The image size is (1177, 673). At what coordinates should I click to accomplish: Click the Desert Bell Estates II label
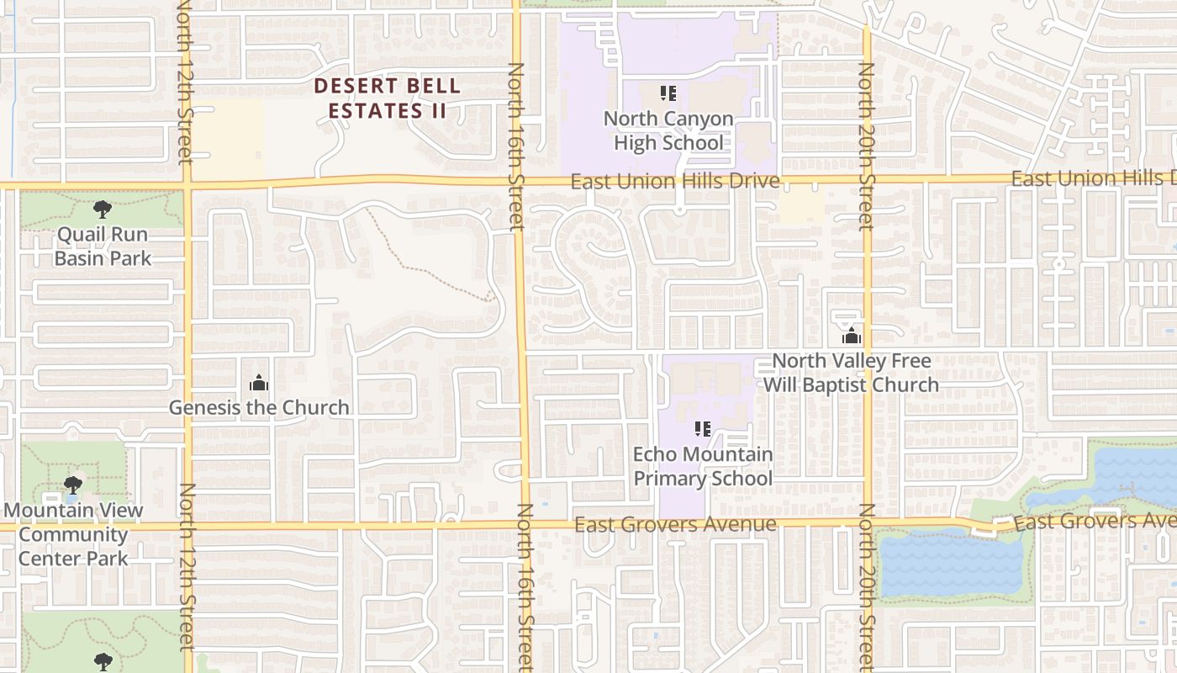pos(388,98)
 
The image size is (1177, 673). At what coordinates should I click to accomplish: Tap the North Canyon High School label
pos(668,130)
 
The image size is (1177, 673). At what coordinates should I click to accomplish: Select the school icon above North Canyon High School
pos(668,93)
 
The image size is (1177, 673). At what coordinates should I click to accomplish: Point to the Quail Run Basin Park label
pos(103,246)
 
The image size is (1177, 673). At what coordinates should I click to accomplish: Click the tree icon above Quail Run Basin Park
pos(103,209)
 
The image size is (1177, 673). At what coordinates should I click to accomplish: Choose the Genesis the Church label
pos(259,408)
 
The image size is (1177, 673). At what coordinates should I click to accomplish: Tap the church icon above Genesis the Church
pos(259,384)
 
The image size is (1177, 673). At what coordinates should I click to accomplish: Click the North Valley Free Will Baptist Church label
pos(851,373)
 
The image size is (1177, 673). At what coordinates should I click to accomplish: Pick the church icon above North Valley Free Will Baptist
pos(852,336)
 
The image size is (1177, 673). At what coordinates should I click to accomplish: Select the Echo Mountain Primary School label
pos(703,466)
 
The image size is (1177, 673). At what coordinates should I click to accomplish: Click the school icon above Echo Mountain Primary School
pos(703,430)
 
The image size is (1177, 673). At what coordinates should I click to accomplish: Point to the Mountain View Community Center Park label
pos(73,534)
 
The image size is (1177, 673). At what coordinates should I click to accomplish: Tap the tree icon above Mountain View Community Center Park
pos(73,485)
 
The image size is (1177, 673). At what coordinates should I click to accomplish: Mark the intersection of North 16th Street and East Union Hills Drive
pos(518,179)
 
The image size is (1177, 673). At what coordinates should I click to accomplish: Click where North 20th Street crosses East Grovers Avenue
pos(867,523)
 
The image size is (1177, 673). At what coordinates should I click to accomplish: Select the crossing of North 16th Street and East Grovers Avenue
pos(525,525)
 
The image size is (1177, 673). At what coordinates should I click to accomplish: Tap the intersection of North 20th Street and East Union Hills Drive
pos(867,179)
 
